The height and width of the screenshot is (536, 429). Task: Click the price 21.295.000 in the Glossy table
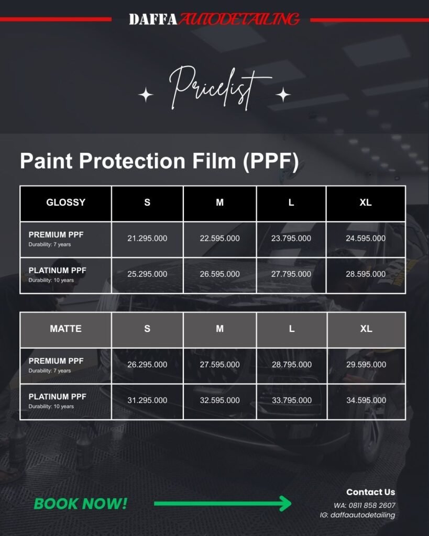(147, 238)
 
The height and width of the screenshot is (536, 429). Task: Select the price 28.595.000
(366, 274)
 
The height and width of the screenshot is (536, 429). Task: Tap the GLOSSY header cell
(65, 203)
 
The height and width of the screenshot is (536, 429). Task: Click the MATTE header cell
(65, 329)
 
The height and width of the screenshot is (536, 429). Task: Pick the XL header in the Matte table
(366, 329)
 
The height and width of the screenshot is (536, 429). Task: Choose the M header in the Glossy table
(219, 203)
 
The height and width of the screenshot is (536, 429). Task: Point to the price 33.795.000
(291, 400)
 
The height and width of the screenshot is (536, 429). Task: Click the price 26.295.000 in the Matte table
(147, 364)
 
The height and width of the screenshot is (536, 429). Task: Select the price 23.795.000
(291, 238)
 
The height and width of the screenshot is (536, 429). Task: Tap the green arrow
(223, 503)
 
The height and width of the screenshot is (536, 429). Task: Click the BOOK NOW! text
(80, 504)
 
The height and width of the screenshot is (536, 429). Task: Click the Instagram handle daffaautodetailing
(362, 515)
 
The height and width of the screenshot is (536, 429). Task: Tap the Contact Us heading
(370, 492)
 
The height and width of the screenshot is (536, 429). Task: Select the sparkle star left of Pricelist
(146, 95)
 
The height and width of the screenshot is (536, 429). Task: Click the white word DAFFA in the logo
(153, 19)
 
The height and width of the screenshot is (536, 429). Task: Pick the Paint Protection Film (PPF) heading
(159, 161)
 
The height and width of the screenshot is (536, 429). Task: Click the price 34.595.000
(366, 400)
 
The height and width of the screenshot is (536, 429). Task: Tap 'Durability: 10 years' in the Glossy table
(51, 280)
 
